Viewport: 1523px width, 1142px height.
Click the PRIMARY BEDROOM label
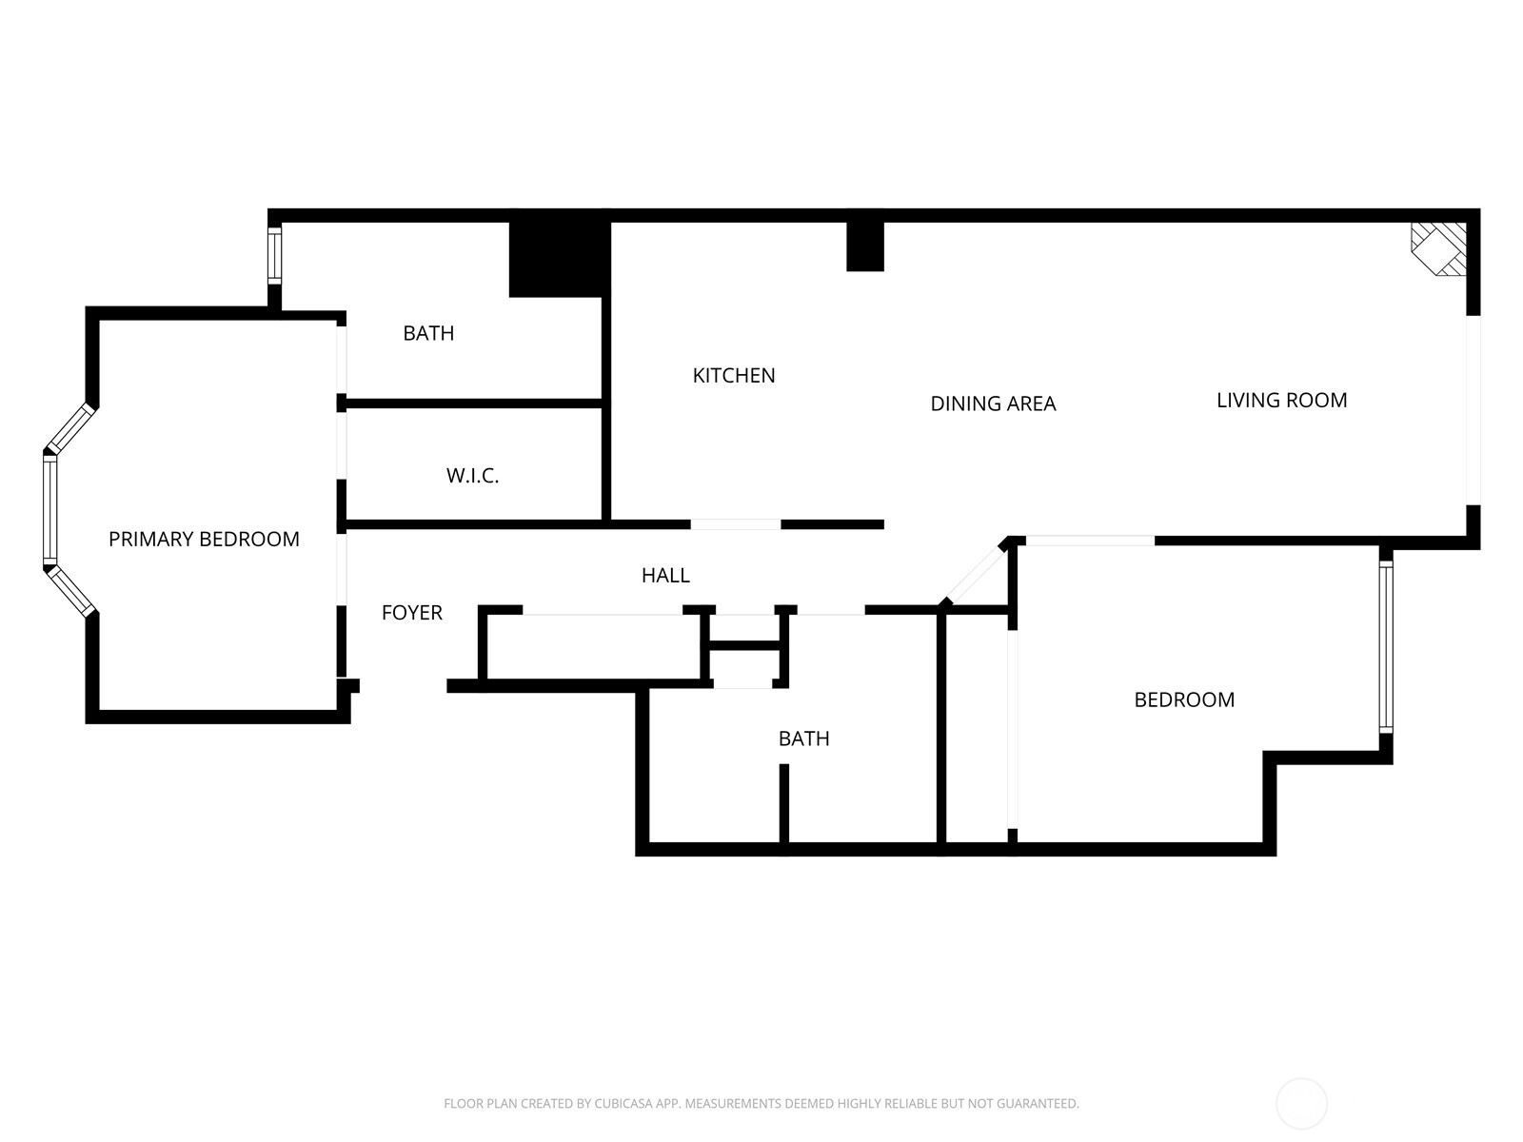(204, 540)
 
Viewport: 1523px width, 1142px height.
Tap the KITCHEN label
(734, 376)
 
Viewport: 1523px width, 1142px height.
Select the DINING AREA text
(993, 404)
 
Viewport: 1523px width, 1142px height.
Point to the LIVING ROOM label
(1281, 401)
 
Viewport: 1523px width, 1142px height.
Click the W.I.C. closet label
(472, 476)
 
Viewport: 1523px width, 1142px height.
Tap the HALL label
(665, 575)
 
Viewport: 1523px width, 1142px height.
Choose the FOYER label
(411, 613)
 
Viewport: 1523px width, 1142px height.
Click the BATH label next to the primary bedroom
(428, 333)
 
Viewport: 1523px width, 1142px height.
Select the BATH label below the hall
(803, 738)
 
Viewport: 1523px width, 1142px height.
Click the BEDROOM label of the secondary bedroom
(1184, 700)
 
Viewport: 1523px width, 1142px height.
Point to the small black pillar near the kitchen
(865, 246)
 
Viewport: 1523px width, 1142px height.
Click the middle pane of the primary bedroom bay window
(49, 509)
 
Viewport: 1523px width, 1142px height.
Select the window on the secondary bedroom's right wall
(1386, 647)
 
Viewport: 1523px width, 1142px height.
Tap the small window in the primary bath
(274, 255)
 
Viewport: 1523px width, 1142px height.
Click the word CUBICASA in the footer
(623, 1104)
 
